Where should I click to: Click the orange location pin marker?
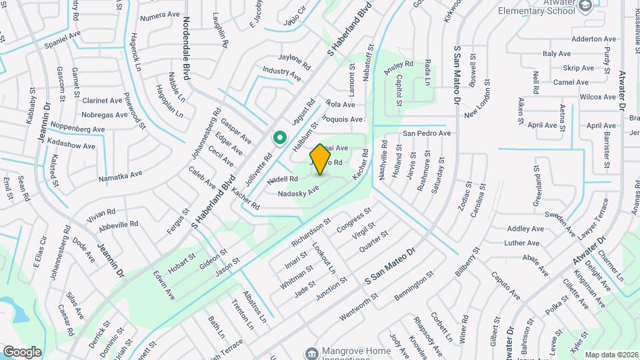coord(321,159)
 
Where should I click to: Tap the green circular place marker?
coord(281,138)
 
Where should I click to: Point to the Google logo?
coord(22,351)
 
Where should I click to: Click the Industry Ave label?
coord(282,73)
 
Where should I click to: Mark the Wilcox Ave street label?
coord(597,97)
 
